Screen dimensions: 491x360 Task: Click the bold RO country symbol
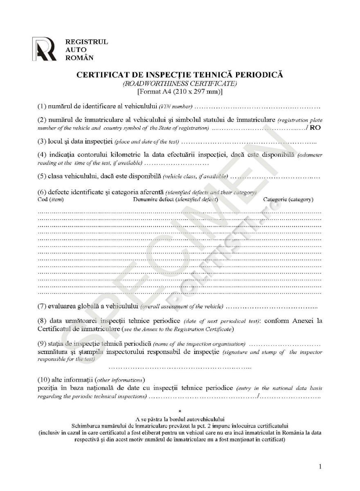[x=315, y=128]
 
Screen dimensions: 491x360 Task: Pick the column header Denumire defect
[x=175, y=200]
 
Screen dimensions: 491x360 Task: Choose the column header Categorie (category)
[x=288, y=200]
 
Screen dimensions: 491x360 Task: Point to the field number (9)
[x=42, y=343]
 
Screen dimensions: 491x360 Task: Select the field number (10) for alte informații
[x=44, y=379]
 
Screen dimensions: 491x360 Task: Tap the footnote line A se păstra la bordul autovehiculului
[x=180, y=419]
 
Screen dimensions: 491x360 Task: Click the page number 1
[x=320, y=466]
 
